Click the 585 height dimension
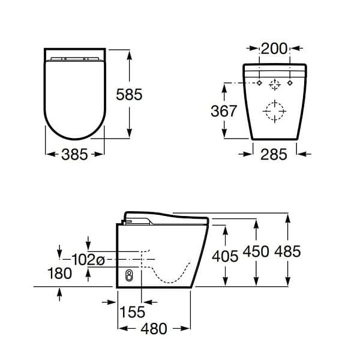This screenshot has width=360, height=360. tap(130, 94)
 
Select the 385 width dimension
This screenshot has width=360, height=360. tap(74, 154)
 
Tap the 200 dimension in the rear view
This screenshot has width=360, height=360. tap(275, 49)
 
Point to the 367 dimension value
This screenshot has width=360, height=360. tap(224, 111)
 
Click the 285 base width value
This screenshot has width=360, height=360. tap(274, 154)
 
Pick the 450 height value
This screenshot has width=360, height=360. tap(256, 252)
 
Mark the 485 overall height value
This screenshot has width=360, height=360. tap(287, 252)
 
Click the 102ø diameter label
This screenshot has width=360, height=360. tap(88, 260)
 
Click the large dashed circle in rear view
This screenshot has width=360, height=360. tap(274, 110)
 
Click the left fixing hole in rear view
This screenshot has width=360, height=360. tap(259, 82)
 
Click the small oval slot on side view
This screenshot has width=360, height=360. tap(128, 276)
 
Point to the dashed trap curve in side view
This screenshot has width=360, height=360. tap(174, 276)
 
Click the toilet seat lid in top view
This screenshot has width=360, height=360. tap(74, 96)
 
